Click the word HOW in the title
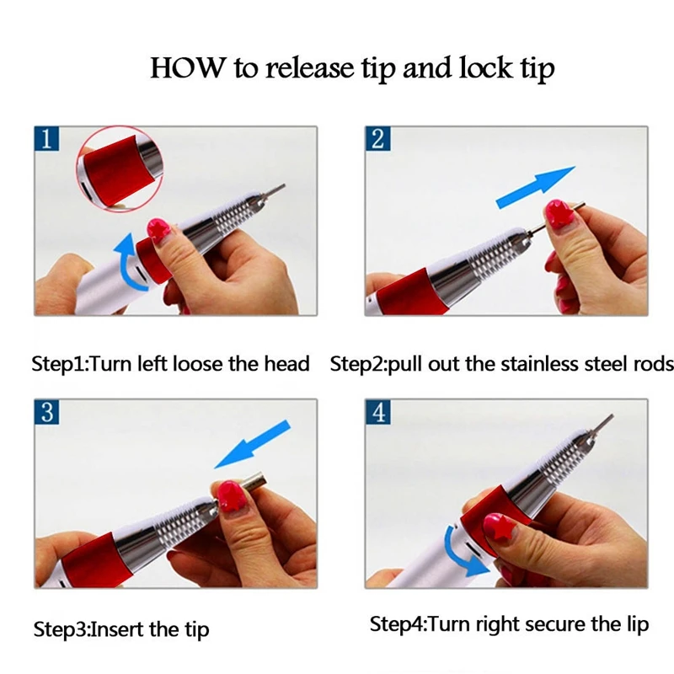[187, 67]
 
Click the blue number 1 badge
[46, 138]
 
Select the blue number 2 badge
[377, 138]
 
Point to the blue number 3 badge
[46, 412]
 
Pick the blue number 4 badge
[377, 412]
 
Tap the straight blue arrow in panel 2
[535, 187]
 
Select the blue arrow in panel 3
[253, 445]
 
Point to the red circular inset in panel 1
[120, 168]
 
